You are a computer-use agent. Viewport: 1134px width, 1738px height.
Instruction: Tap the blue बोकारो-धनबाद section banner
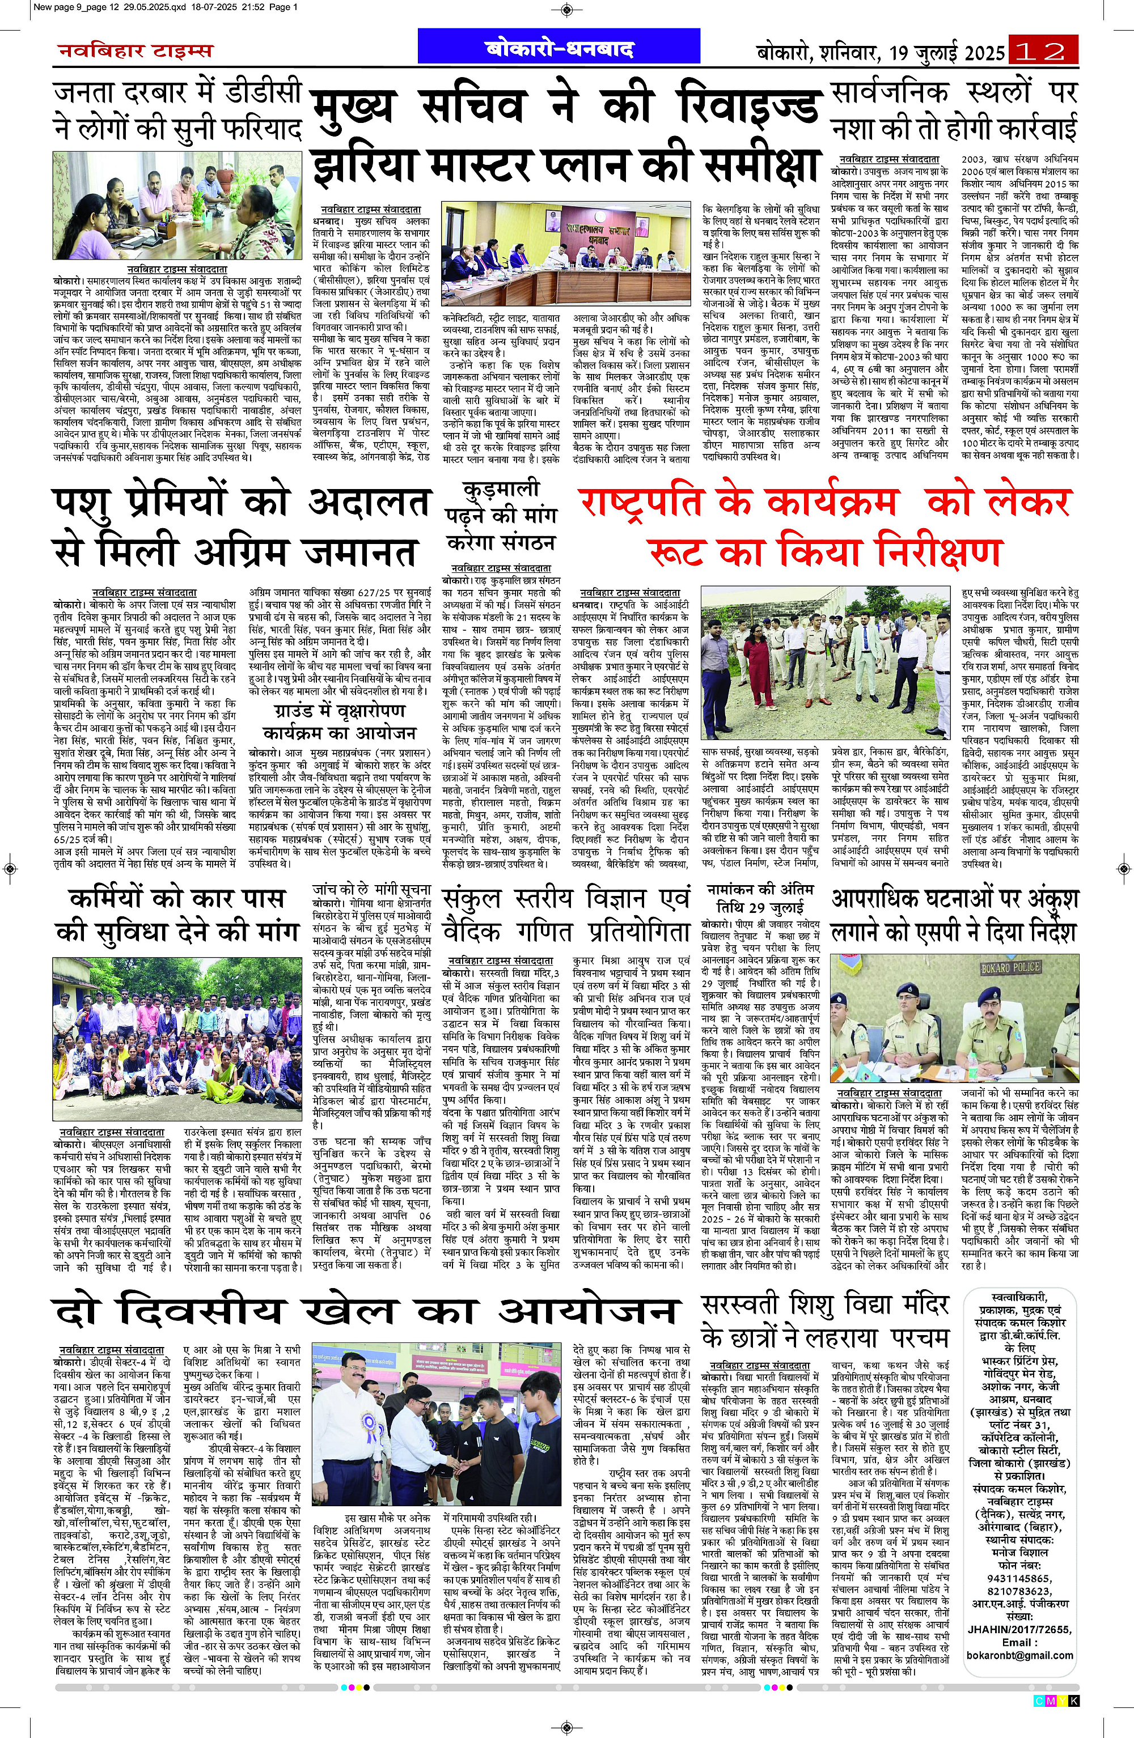[560, 49]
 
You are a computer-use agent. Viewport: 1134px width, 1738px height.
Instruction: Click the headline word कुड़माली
[501, 488]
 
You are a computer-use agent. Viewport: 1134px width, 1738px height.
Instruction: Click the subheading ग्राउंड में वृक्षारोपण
[340, 710]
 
